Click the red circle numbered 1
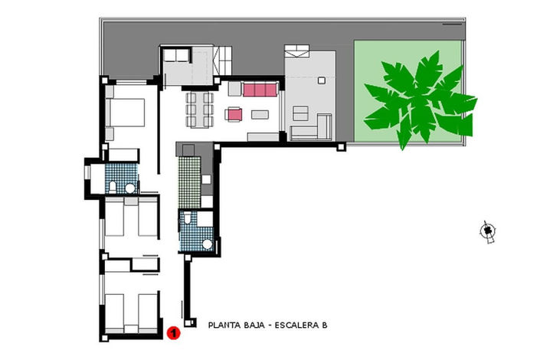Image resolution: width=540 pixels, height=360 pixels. point(173,332)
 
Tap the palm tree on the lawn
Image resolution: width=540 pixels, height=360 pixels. point(417,100)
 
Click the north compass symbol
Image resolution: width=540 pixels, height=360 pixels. point(487,231)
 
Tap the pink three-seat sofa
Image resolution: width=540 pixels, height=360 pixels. point(260,90)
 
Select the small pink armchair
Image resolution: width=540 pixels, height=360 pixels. point(234,116)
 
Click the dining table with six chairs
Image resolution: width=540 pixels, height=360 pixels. point(198,112)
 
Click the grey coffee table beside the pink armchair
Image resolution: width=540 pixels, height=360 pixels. point(260,116)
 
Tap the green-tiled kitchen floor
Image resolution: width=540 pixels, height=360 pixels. point(188,181)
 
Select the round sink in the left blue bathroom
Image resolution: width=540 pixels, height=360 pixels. point(130,188)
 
